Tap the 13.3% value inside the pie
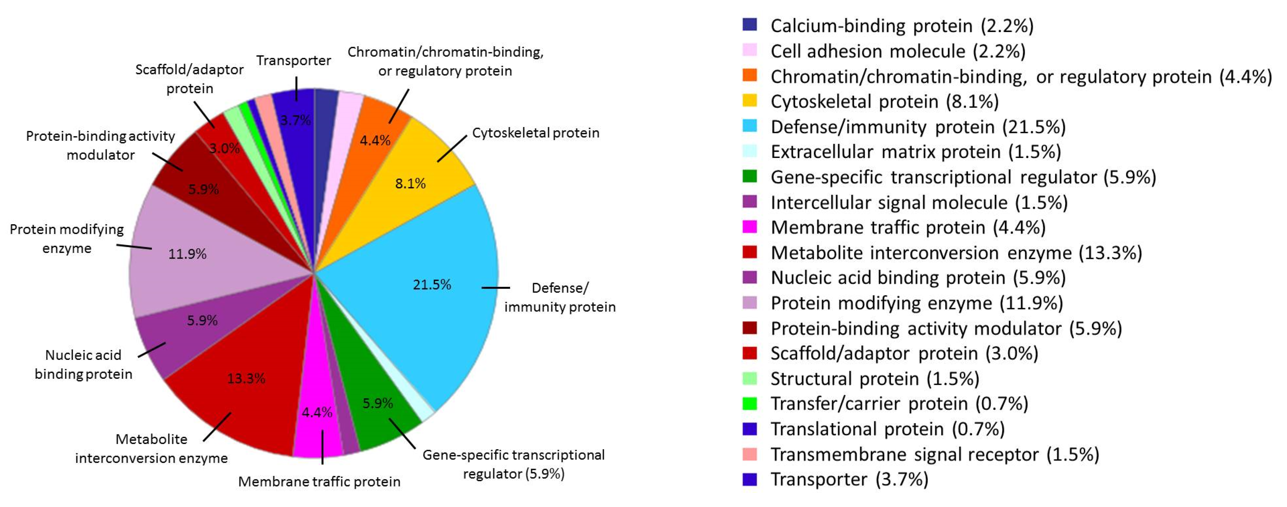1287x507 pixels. (246, 378)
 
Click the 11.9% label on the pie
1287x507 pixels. (187, 254)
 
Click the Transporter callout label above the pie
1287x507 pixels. (293, 60)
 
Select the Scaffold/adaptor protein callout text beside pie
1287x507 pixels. (189, 79)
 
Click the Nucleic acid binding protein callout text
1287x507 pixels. (83, 364)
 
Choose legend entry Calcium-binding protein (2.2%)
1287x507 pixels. (901, 25)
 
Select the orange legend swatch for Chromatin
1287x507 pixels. (749, 76)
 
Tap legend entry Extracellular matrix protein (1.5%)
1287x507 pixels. (915, 152)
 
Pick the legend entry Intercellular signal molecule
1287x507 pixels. (918, 203)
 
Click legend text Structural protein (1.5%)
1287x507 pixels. (875, 379)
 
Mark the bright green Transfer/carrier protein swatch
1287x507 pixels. (749, 403)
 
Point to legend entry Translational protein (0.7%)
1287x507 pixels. (887, 429)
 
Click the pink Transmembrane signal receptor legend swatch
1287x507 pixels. (749, 454)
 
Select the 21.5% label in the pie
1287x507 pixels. (431, 285)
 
